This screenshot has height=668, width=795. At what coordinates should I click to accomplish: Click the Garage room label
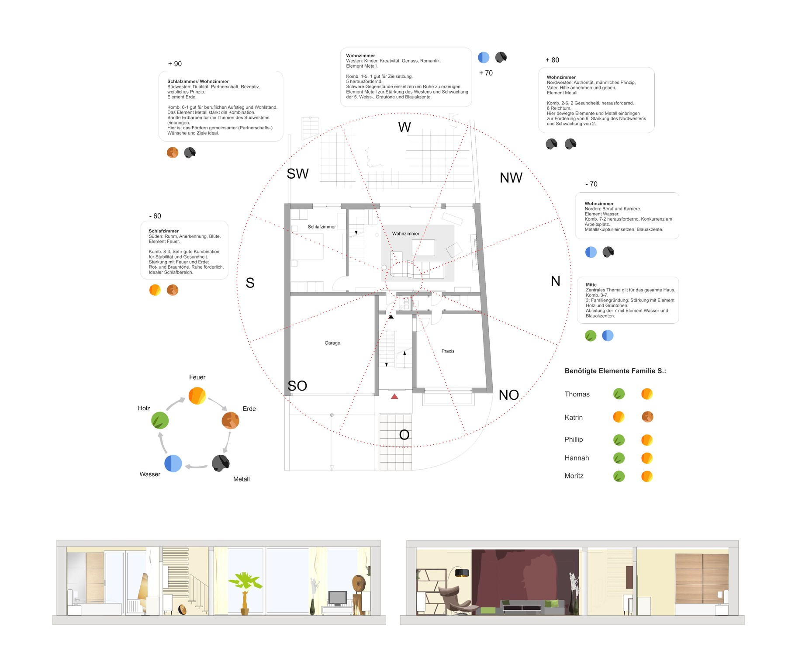tap(332, 343)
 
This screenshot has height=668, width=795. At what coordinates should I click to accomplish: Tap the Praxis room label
tap(448, 351)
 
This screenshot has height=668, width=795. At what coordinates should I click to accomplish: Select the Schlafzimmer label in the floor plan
tap(321, 227)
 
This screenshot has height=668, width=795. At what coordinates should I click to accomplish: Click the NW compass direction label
tap(511, 178)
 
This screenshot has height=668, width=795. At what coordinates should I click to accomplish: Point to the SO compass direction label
tap(297, 386)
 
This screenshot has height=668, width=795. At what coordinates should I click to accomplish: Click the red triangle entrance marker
tap(394, 397)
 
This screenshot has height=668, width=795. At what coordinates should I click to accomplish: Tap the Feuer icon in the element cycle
tap(197, 395)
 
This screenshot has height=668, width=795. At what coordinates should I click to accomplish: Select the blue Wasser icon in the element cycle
tap(173, 464)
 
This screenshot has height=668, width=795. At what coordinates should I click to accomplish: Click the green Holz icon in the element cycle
tap(160, 420)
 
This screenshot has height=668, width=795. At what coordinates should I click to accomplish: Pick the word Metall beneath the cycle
tap(241, 479)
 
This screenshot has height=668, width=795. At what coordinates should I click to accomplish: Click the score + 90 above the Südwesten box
tap(175, 64)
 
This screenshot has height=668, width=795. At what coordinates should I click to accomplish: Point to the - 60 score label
tap(155, 216)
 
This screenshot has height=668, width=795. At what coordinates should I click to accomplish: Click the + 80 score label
tap(552, 60)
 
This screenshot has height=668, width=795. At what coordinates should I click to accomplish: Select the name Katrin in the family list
tap(573, 418)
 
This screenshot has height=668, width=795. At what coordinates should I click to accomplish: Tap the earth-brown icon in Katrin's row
tap(647, 417)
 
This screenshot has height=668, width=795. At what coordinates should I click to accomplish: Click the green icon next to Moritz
tap(619, 476)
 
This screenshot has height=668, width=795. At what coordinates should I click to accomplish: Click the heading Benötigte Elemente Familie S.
tap(615, 371)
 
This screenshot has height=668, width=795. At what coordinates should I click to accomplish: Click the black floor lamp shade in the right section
tap(462, 572)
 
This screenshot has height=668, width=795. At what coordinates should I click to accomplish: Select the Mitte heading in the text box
tap(591, 285)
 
